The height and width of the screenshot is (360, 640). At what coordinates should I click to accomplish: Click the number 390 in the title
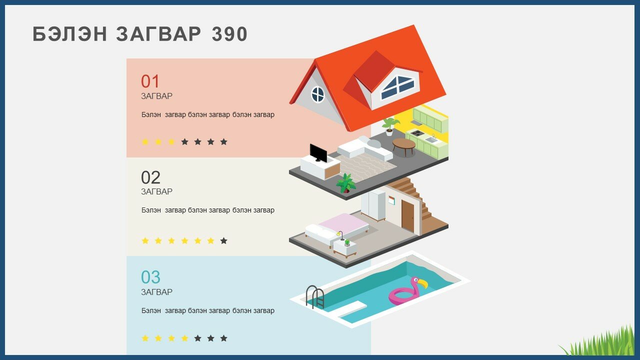[x=229, y=34]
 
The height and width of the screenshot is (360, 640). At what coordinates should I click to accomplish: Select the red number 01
[x=150, y=81]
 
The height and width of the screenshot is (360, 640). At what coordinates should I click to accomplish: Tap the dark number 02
[x=150, y=177]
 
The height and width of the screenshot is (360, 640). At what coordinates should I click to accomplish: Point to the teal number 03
[x=150, y=277]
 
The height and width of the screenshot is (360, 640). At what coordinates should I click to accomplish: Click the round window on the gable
[x=317, y=94]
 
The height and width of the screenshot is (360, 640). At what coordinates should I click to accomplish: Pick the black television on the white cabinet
[x=318, y=153]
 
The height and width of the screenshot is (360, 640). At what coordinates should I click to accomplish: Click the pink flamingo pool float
[x=407, y=291]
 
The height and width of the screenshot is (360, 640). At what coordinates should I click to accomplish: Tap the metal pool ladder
[x=315, y=297]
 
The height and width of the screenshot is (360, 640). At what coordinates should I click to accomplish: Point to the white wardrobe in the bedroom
[x=373, y=205]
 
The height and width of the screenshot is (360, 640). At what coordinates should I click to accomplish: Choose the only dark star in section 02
[x=223, y=241]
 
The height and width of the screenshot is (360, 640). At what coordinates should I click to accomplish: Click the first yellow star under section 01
[x=145, y=141]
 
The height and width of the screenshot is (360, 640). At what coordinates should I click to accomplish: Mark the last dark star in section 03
[x=223, y=338]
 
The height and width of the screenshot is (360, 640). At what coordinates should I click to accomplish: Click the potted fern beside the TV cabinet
[x=346, y=183]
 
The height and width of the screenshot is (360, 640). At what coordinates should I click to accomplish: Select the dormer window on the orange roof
[x=397, y=87]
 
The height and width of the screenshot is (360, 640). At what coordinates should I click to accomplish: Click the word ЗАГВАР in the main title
[x=158, y=34]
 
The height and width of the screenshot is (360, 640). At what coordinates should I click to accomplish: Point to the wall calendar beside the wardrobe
[x=391, y=200]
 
